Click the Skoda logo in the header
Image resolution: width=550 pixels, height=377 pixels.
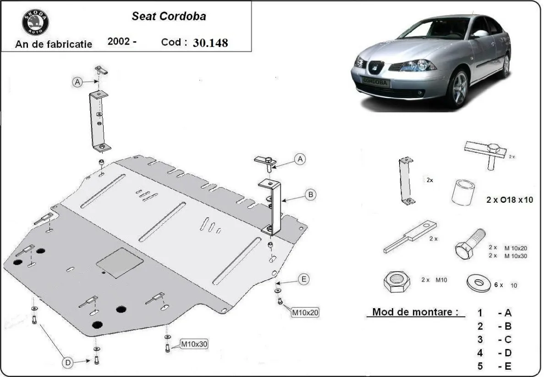(x=35, y=21)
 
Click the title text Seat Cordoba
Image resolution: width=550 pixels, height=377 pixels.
(x=169, y=16)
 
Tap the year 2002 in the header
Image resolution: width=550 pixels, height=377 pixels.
(x=119, y=41)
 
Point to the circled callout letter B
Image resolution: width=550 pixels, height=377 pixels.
(x=310, y=194)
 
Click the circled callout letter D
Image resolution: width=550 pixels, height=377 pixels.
(x=67, y=363)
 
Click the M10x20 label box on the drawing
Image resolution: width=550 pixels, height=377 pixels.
(x=305, y=313)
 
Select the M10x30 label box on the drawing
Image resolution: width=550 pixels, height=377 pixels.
(x=193, y=344)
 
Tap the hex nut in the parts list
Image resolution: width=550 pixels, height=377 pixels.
(x=396, y=283)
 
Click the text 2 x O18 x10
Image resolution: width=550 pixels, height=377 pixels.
(x=509, y=200)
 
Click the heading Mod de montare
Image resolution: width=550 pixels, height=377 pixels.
(x=415, y=312)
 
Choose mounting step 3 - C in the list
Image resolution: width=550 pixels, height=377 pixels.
(x=494, y=339)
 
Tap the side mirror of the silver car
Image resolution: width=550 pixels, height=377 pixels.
(x=480, y=33)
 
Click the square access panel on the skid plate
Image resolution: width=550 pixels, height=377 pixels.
(x=120, y=263)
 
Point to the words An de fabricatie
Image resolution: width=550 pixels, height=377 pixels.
(x=54, y=44)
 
